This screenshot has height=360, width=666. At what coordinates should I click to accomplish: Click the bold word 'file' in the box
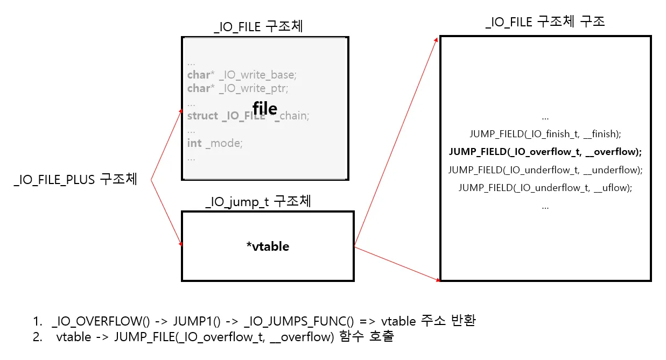point(265,109)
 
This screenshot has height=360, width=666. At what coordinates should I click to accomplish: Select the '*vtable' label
point(268,246)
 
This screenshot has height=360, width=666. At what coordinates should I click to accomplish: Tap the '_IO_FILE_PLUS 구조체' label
point(75,180)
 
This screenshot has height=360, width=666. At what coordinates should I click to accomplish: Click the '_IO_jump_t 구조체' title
point(258,202)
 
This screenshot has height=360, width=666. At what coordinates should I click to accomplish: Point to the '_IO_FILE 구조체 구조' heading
point(545,22)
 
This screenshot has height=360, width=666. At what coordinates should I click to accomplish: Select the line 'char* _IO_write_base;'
point(242,74)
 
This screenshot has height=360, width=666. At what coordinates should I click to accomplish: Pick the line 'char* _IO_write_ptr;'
point(234,88)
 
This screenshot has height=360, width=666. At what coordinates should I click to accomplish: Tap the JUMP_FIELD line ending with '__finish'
point(545,134)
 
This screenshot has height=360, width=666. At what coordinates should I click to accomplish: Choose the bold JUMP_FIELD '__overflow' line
point(545,152)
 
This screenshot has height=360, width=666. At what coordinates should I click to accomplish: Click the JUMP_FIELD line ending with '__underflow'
point(545,170)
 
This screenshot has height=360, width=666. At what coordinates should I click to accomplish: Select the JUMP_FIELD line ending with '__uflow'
point(545,188)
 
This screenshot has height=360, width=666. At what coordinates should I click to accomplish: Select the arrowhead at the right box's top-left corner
point(437,39)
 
